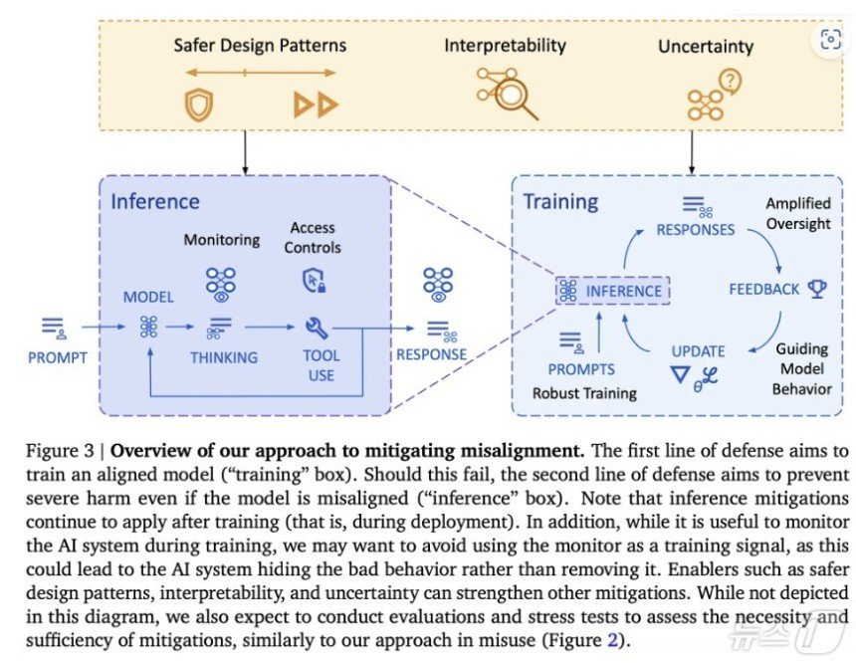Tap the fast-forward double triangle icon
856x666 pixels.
(x=316, y=104)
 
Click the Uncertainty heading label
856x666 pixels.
(x=706, y=46)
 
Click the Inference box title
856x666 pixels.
(x=154, y=201)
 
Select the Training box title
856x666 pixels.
(x=560, y=201)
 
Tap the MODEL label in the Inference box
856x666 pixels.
(x=148, y=297)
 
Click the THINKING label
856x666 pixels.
(x=224, y=357)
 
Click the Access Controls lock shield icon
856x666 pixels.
(x=314, y=282)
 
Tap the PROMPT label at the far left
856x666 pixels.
(x=57, y=357)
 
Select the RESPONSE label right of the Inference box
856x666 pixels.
(x=431, y=353)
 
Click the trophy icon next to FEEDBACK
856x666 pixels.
(x=817, y=289)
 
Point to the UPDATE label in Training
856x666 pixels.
(x=698, y=350)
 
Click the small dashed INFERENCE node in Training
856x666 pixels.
(x=612, y=291)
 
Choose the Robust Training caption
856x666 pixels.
(x=584, y=393)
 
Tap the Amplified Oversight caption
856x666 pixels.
(x=797, y=213)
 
